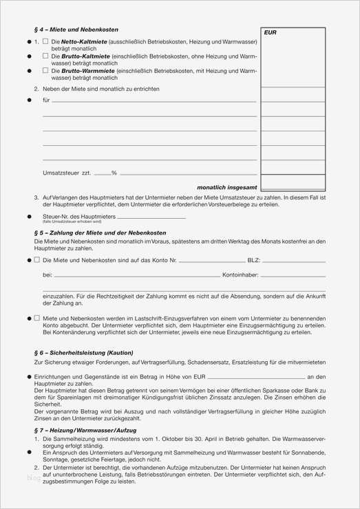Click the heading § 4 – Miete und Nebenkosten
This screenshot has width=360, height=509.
pyautogui.click(x=76, y=30)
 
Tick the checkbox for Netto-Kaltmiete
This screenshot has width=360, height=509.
pyautogui.click(x=45, y=42)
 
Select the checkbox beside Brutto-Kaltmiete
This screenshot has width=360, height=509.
pyautogui.click(x=45, y=56)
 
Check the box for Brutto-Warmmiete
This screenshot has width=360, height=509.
pyautogui.click(x=45, y=70)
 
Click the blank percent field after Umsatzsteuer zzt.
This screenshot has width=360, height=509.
pyautogui.click(x=102, y=173)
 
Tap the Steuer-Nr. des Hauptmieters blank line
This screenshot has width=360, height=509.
pyautogui.click(x=151, y=217)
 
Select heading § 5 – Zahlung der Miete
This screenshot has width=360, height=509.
pyautogui.click(x=99, y=232)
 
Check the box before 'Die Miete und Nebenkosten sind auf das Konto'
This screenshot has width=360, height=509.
pyautogui.click(x=37, y=261)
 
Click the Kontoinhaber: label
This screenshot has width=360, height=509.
pyautogui.click(x=240, y=275)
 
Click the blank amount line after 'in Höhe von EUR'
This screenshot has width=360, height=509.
pyautogui.click(x=255, y=377)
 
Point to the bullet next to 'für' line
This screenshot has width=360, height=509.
pyautogui.click(x=29, y=100)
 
